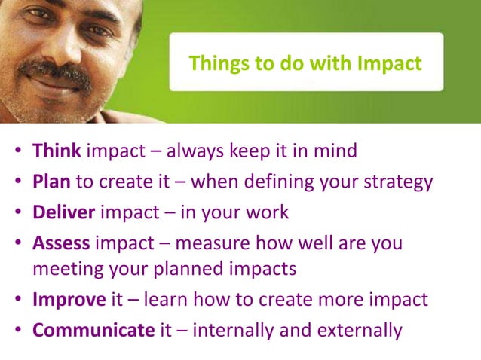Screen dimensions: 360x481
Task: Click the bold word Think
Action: (x=57, y=151)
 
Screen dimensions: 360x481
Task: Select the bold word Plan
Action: (x=52, y=182)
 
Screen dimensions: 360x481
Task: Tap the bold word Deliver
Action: (x=63, y=212)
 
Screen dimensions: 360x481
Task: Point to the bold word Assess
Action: (x=61, y=243)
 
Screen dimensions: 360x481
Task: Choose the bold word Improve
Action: (x=69, y=299)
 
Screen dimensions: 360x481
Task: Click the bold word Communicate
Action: (x=86, y=330)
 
